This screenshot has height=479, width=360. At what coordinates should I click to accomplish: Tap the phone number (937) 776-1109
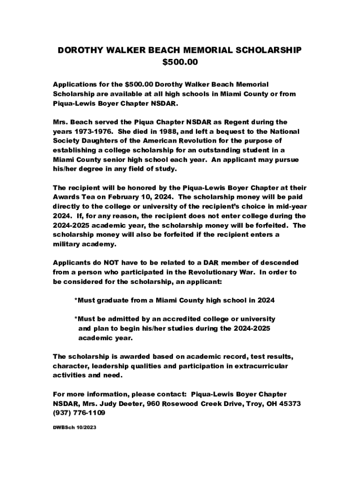tap(79, 413)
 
